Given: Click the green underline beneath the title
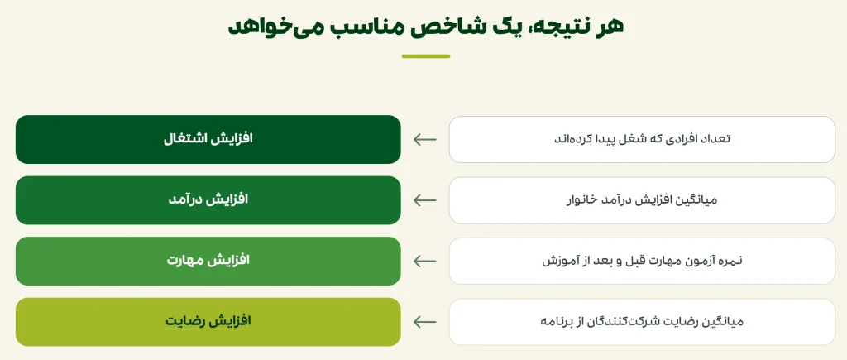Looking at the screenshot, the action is [426, 56].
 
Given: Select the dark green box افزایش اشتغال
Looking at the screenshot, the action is [208, 139].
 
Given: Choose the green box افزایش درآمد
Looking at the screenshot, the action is [208, 200].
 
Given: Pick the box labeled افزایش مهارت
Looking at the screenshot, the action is [208, 261].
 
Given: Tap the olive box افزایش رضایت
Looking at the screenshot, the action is [208, 322].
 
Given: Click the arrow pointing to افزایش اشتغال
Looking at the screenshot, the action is [424, 140].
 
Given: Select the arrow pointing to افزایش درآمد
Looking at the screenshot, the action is [424, 200].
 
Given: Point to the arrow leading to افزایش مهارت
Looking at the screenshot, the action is [424, 261].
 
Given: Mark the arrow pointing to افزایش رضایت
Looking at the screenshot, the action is [424, 322].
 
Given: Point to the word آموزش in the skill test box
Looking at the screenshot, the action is [558, 261].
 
